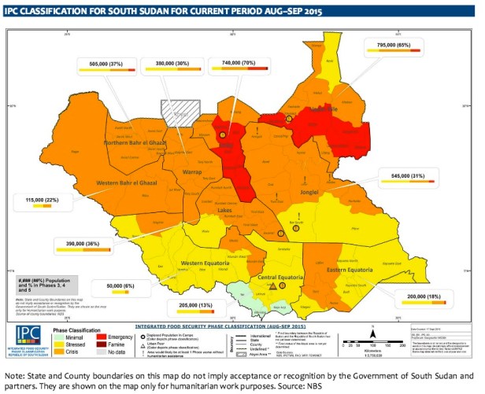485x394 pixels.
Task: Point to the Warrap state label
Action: click(x=192, y=171)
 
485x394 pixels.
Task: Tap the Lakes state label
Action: click(x=224, y=211)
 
